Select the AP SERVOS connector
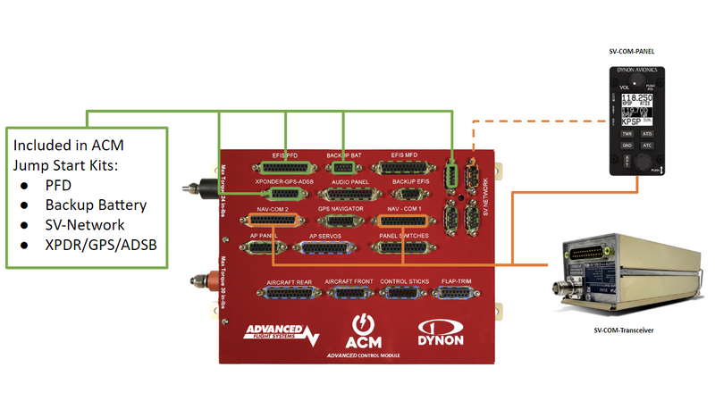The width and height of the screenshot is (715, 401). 331,246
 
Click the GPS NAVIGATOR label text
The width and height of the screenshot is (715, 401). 341,208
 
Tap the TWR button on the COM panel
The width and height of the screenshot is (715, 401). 627,133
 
